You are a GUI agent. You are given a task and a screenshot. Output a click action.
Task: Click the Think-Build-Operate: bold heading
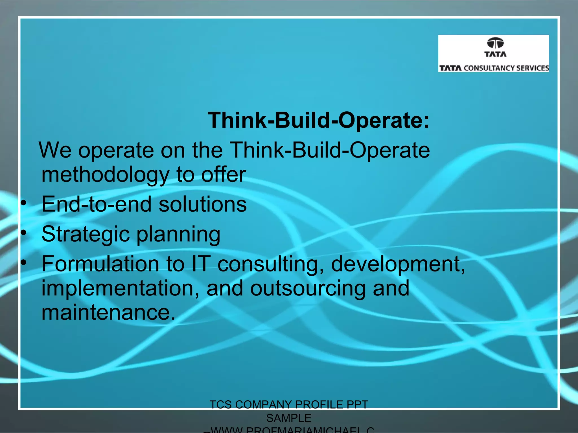pyautogui.click(x=318, y=120)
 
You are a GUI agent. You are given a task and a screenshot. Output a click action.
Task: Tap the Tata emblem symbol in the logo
pyautogui.click(x=495, y=43)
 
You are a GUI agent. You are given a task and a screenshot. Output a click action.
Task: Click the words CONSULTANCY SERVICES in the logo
pyautogui.click(x=506, y=68)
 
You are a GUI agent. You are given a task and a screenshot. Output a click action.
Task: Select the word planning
pyautogui.click(x=178, y=235)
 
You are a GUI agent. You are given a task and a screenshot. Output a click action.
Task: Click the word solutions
pyautogui.click(x=202, y=204)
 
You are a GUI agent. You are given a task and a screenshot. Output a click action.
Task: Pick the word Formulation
pyautogui.click(x=100, y=264)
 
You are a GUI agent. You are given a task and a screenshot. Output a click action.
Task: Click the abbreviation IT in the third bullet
pyautogui.click(x=201, y=264)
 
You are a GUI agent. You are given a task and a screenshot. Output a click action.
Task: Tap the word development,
pyautogui.click(x=398, y=264)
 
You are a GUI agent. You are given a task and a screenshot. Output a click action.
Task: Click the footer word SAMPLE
pyautogui.click(x=289, y=418)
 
